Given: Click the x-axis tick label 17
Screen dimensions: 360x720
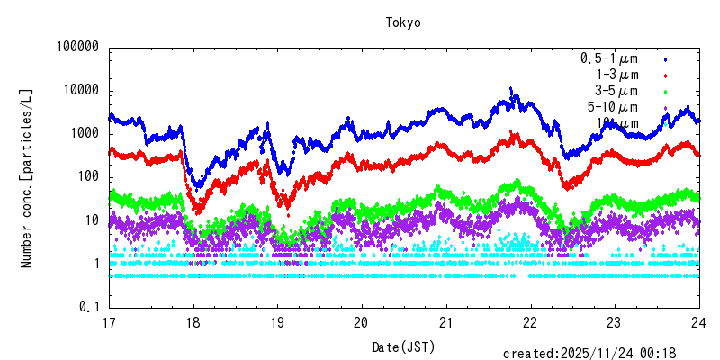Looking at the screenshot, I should pyautogui.click(x=109, y=323).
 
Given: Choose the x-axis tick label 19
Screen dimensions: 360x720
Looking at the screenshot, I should pyautogui.click(x=277, y=323).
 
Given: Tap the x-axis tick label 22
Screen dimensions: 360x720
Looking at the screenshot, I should pyautogui.click(x=530, y=323).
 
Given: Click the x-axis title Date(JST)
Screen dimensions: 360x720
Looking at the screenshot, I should pyautogui.click(x=404, y=346).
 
